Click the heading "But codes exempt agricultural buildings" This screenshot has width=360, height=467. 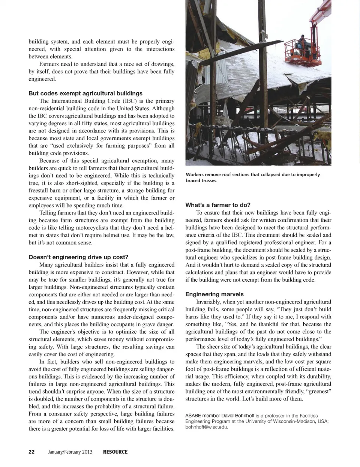85,93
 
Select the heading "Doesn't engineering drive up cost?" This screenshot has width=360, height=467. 78,257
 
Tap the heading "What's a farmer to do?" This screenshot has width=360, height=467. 218,205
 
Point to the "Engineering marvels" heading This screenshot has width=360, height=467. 214,294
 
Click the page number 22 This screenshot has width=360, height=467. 31,452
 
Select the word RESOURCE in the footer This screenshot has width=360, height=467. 115,452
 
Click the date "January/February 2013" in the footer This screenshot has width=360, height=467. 70,452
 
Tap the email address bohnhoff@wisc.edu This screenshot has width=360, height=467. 207,427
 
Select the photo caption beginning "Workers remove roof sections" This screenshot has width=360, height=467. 253,177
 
